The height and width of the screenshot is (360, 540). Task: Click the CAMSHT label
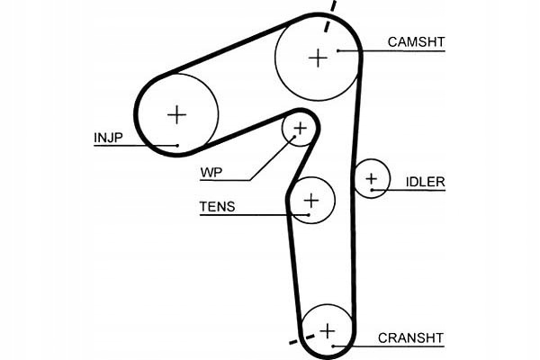416,41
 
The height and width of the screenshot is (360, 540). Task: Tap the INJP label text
108,138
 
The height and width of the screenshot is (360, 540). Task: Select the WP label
212,171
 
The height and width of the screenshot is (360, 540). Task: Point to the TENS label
217,206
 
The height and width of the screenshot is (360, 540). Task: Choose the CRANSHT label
410,337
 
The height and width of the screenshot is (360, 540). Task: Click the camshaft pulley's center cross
318,58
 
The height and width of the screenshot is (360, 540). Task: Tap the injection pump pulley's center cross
177,114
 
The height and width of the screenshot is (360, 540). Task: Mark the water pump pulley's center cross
300,130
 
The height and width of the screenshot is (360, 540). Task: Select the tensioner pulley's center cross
311,200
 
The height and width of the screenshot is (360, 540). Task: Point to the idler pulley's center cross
370,179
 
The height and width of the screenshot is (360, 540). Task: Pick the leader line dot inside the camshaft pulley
338,50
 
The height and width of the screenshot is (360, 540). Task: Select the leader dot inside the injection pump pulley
178,145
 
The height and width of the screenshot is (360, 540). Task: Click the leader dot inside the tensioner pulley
309,215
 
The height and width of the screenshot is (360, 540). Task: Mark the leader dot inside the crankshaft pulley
332,346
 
